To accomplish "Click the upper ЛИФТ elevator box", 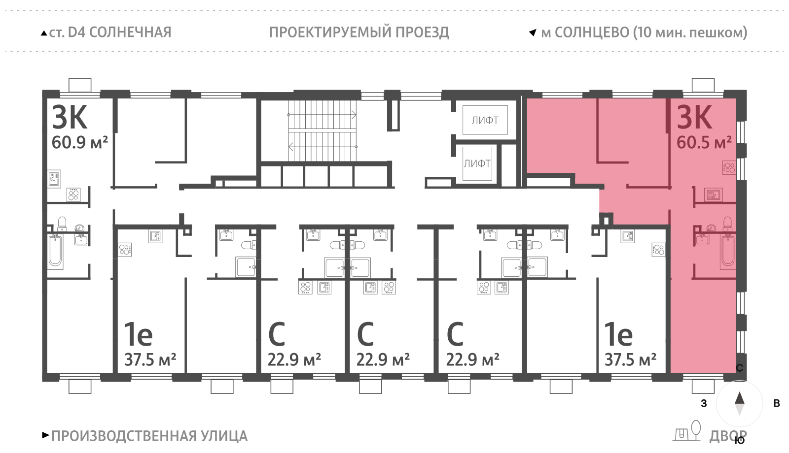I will (x=485, y=120).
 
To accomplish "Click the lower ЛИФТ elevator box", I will (x=477, y=163).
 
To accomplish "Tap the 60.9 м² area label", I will (x=79, y=143).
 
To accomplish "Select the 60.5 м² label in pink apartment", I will (x=704, y=143).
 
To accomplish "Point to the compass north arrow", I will (x=739, y=398).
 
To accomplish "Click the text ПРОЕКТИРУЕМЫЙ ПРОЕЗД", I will (x=359, y=32).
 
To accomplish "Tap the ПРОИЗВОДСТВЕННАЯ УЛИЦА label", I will (x=149, y=436).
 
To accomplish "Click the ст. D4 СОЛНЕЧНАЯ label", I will (x=109, y=32).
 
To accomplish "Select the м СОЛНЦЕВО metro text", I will (x=644, y=32).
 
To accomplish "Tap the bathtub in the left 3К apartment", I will (x=55, y=251).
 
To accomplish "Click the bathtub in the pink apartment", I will (x=728, y=251).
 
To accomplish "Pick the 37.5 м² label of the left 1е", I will (x=150, y=360).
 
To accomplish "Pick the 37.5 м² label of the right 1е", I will (x=630, y=360).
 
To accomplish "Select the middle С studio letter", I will (x=365, y=335).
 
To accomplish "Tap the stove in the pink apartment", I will (x=729, y=167).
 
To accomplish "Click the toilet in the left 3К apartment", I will (x=62, y=224).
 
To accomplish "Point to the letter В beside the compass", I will (x=777, y=403).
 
